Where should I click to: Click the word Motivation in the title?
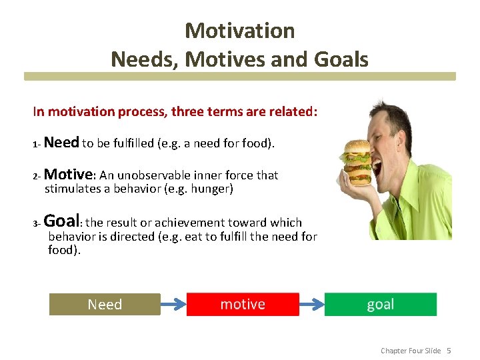pyautogui.click(x=239, y=31)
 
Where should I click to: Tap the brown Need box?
pyautogui.click(x=105, y=305)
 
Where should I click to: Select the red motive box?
pyautogui.click(x=243, y=304)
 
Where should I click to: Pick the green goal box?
pyautogui.click(x=380, y=304)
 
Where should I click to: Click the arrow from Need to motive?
pyautogui.click(x=173, y=305)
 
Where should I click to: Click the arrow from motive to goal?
pyautogui.click(x=311, y=305)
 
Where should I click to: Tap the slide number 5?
pyautogui.click(x=449, y=351)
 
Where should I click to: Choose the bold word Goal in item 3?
pyautogui.click(x=63, y=221)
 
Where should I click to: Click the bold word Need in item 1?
pyautogui.click(x=62, y=143)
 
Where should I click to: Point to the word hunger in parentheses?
pyautogui.click(x=210, y=189)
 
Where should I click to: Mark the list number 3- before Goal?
pyautogui.click(x=37, y=223)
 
